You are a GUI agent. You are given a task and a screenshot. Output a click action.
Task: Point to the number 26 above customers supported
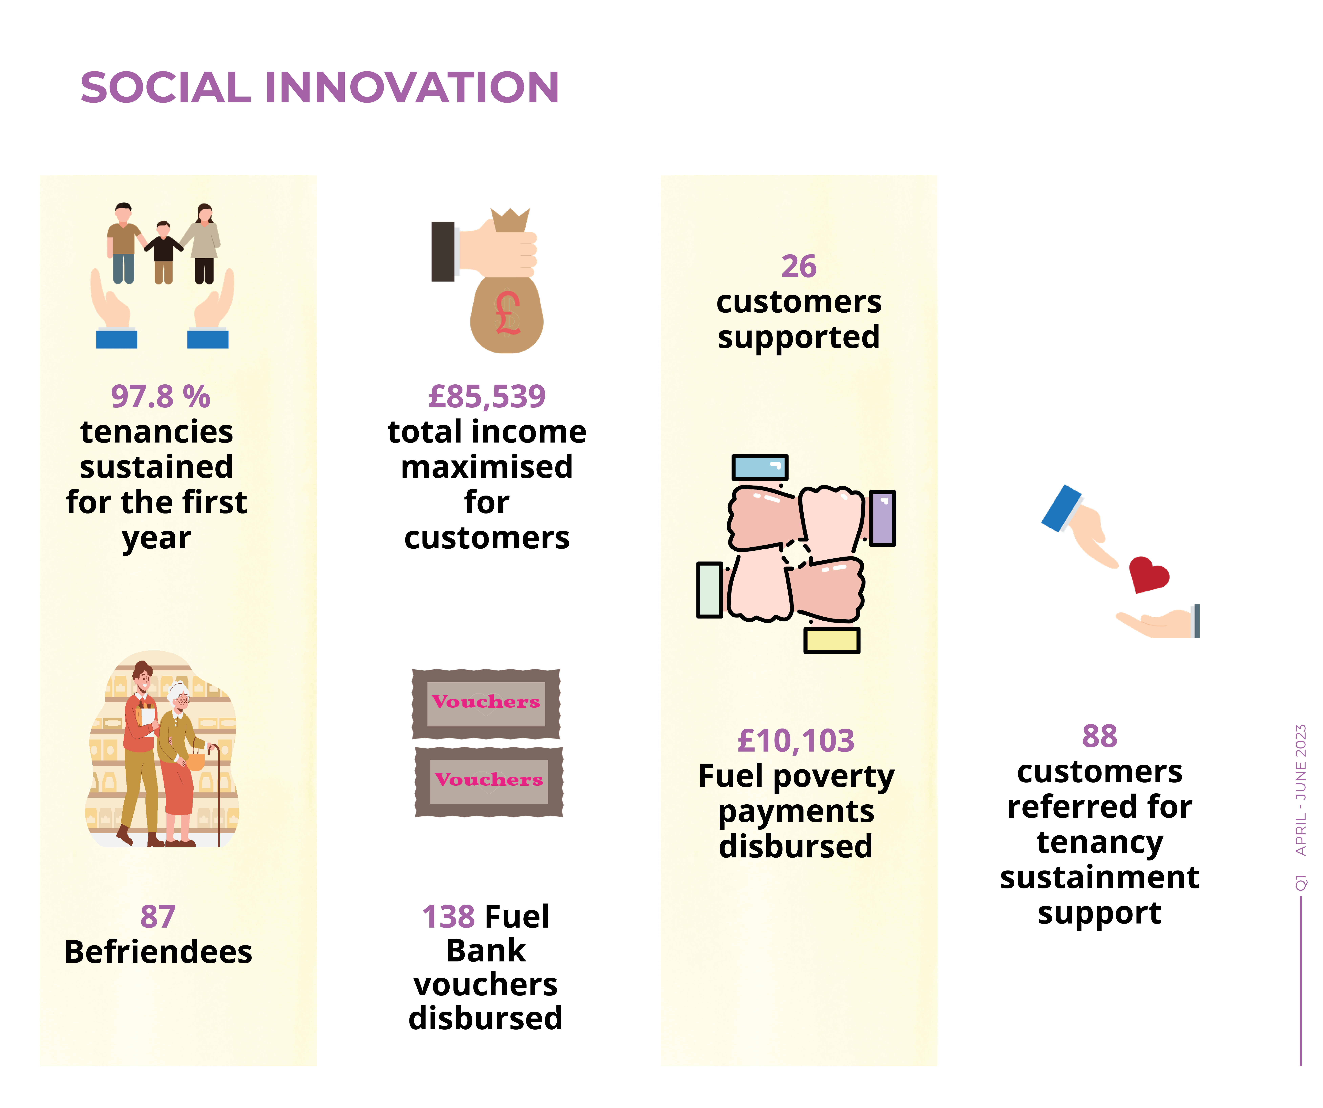(x=799, y=267)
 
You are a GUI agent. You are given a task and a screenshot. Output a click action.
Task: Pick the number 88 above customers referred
(x=1100, y=736)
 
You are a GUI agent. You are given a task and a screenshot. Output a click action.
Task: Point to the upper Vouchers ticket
(x=486, y=703)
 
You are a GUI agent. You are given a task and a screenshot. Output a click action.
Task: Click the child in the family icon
(x=164, y=252)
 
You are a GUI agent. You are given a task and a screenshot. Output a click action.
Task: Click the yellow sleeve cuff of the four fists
(x=832, y=640)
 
